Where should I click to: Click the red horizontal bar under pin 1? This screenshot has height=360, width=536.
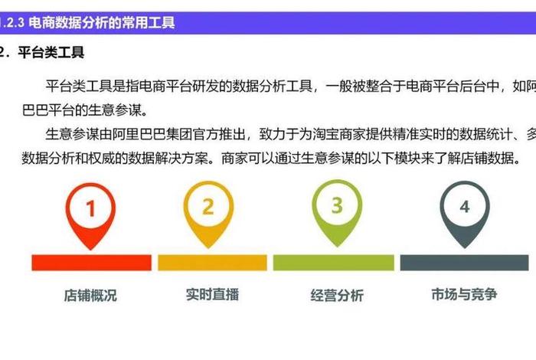[x=91, y=263]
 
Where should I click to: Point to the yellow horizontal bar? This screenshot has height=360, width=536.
[x=212, y=263]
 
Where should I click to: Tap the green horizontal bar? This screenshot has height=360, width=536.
[x=336, y=263]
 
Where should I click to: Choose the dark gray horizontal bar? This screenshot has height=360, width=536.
[x=464, y=263]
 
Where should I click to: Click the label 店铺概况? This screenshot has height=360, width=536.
[x=90, y=296]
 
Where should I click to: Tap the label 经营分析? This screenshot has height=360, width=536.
[x=337, y=296]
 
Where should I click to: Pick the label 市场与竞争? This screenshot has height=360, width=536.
[x=464, y=294]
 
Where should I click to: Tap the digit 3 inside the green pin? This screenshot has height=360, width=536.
[x=337, y=205]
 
